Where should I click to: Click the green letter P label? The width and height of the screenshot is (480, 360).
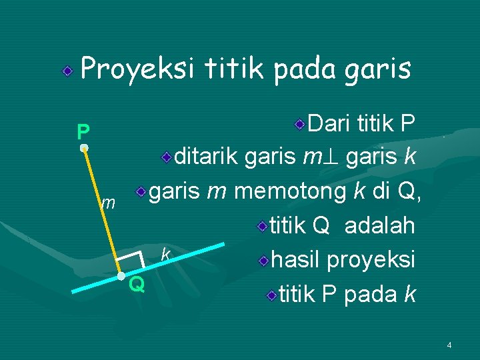[x=82, y=131]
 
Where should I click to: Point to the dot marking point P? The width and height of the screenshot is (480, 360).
[x=83, y=148]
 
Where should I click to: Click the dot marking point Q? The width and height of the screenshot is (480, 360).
[x=120, y=276]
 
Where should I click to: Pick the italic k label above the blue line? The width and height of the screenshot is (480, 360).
[x=166, y=254]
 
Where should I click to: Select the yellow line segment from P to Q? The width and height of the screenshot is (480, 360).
[x=101, y=212]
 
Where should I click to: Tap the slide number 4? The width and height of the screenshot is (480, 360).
[x=449, y=345]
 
